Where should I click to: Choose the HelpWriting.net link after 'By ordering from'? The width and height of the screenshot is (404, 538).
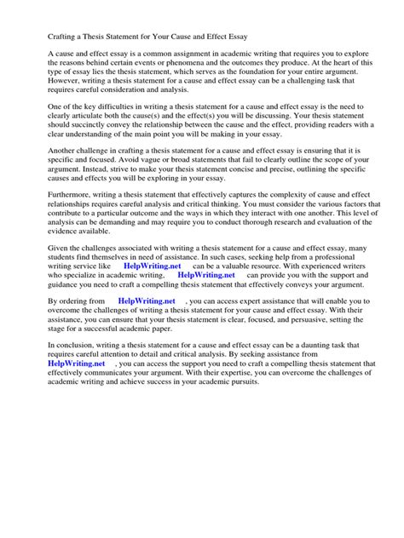coord(146,373)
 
